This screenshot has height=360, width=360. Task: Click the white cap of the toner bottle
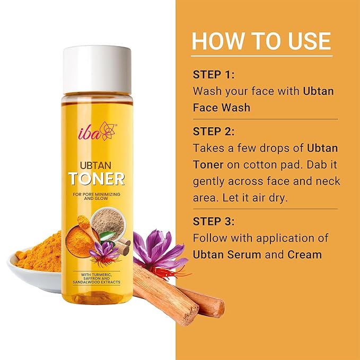point(97,70)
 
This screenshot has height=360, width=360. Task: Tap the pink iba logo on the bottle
point(98,131)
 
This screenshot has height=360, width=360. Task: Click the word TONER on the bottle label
point(96,179)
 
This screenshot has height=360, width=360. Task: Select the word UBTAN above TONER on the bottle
point(96,165)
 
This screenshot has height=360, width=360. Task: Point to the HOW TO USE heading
point(261,41)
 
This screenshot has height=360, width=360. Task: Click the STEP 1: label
point(214,75)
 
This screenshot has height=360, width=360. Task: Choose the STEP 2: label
point(214,131)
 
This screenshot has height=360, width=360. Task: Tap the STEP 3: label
point(214,222)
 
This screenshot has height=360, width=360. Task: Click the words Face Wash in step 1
point(221,108)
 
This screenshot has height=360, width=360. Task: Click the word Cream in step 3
point(304,254)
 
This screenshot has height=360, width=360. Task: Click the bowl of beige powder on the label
point(108,222)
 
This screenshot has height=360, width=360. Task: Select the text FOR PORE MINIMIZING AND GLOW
point(96,196)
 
